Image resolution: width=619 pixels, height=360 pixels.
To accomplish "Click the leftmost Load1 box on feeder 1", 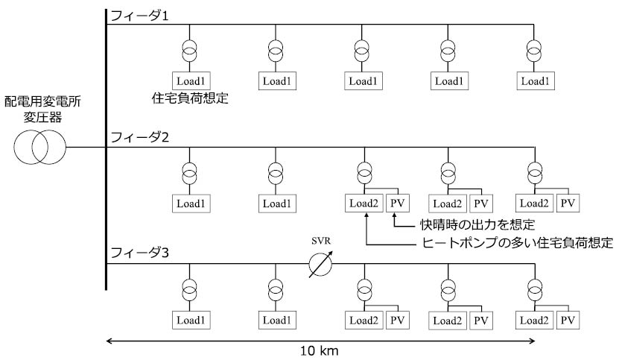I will [x=191, y=79].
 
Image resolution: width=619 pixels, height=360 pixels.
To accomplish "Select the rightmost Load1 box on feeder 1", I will [x=535, y=79].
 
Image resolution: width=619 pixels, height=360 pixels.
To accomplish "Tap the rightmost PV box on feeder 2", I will [x=568, y=202].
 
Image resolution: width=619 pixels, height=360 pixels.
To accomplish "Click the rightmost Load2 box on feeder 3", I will [x=536, y=320].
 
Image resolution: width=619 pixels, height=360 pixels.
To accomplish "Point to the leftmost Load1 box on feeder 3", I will [x=191, y=320].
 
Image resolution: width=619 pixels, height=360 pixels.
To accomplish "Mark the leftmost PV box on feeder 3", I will [x=397, y=320].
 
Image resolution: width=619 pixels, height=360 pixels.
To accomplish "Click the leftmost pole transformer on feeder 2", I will [x=191, y=173].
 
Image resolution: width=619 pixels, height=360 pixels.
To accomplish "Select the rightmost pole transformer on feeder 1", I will [x=534, y=50].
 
